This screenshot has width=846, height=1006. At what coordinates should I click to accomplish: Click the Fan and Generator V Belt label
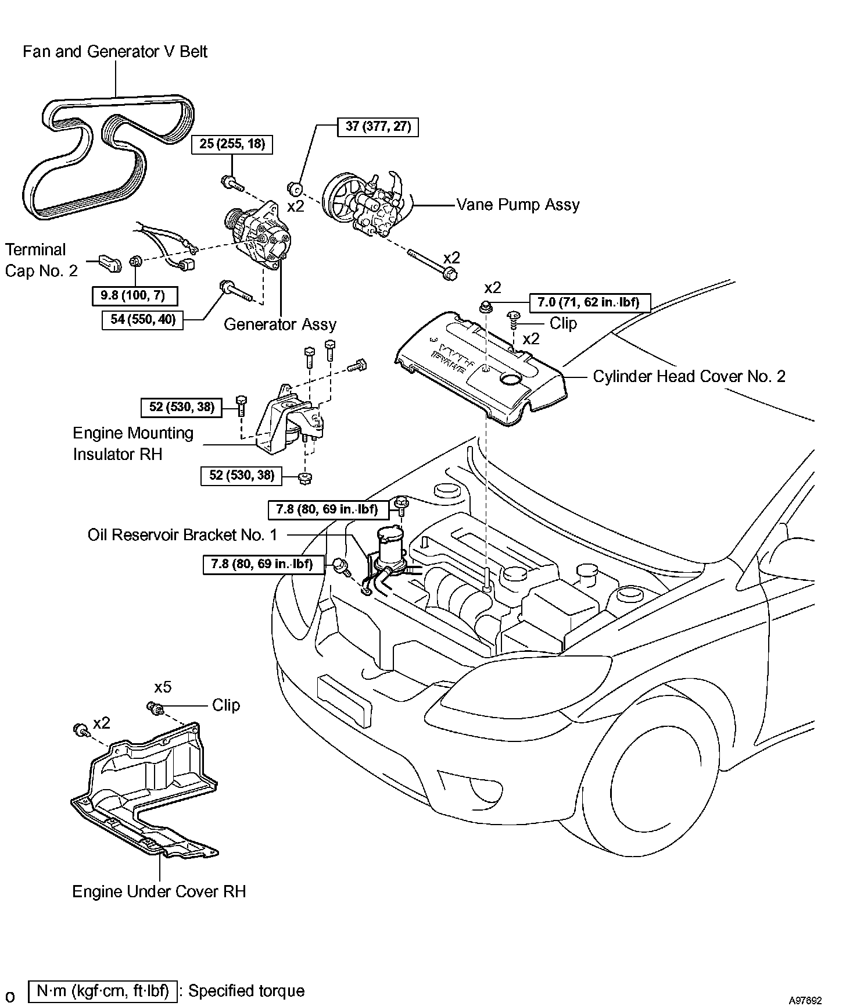tap(115, 52)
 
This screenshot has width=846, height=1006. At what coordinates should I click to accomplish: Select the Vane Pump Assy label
tap(518, 205)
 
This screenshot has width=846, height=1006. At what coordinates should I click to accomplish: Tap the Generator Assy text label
tap(279, 324)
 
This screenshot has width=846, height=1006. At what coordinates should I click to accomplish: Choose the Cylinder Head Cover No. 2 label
tap(689, 376)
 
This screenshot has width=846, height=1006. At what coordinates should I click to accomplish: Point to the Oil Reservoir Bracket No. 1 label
tap(182, 535)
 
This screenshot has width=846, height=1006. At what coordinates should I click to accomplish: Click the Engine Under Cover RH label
tap(159, 891)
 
